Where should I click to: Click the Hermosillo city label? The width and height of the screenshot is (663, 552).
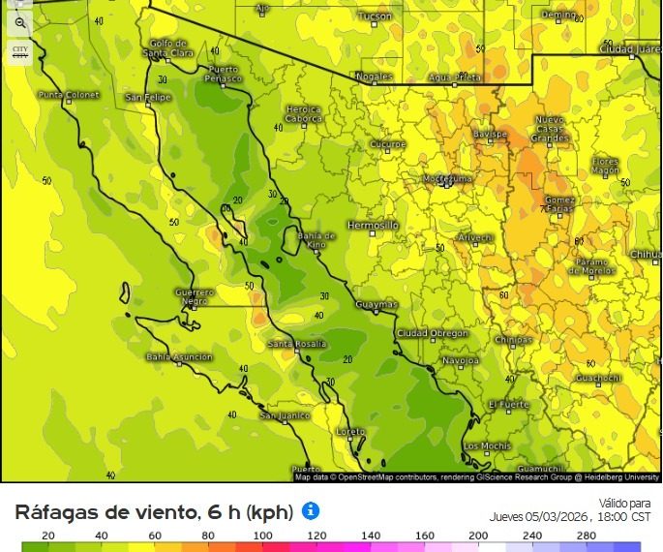(373, 225)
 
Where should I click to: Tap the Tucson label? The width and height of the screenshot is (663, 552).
(376, 16)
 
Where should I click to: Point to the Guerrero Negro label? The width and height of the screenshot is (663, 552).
(194, 296)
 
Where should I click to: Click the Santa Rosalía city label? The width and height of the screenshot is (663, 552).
(296, 344)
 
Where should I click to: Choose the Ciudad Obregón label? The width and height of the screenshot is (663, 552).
(432, 333)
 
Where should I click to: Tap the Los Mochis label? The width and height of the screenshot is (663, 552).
(487, 446)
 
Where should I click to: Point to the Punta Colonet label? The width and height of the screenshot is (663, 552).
(69, 95)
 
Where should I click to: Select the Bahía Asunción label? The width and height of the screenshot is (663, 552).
(179, 357)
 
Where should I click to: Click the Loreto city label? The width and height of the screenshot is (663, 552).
(350, 431)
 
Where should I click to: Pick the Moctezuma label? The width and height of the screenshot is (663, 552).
(447, 179)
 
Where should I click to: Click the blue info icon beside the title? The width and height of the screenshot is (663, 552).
(311, 510)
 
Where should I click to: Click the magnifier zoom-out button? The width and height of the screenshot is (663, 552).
(20, 22)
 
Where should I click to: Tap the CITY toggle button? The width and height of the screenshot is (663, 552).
(20, 51)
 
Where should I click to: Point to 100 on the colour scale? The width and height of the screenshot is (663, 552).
(261, 536)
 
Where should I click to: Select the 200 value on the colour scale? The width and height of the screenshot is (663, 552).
(477, 536)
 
